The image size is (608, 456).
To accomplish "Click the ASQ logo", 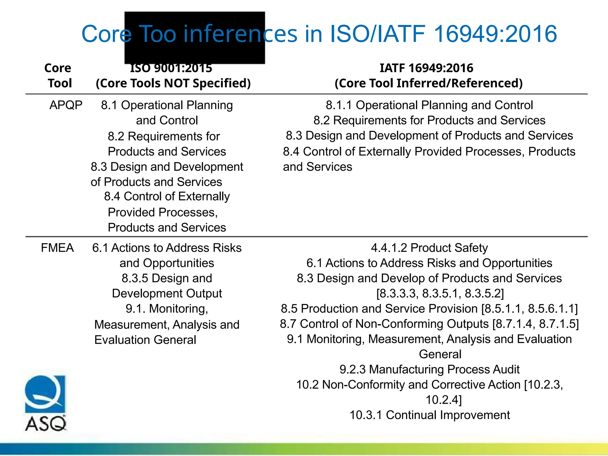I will pyautogui.click(x=45, y=403).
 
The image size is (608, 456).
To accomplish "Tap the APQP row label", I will pyautogui.click(x=66, y=105).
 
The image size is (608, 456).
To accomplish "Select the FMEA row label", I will pyautogui.click(x=57, y=248).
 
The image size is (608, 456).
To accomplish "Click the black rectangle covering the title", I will pyautogui.click(x=194, y=38).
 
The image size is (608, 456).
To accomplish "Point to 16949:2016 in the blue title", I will pyautogui.click(x=495, y=34).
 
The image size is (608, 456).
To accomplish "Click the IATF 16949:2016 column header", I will pyautogui.click(x=426, y=68).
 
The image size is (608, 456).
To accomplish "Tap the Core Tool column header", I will pyautogui.click(x=58, y=76).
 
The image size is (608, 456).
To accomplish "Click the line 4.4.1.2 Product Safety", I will pyautogui.click(x=429, y=248).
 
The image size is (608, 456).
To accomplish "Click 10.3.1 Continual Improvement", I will pyautogui.click(x=429, y=415).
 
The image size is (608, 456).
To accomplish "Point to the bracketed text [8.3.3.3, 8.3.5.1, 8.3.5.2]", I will pyautogui.click(x=440, y=294).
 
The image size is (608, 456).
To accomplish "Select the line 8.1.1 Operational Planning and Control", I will pyautogui.click(x=429, y=105).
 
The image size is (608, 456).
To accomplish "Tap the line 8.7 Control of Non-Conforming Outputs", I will pyautogui.click(x=429, y=324).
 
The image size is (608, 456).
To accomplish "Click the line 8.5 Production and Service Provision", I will pyautogui.click(x=429, y=309).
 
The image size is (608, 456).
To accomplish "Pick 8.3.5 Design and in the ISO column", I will pyautogui.click(x=167, y=278).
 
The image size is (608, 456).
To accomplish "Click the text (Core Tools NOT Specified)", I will pyautogui.click(x=173, y=83).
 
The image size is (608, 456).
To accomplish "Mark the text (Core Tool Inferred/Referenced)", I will pyautogui.click(x=428, y=83).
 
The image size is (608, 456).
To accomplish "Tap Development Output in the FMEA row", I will pyautogui.click(x=167, y=294).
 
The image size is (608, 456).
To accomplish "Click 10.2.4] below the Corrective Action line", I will pyautogui.click(x=444, y=400).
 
